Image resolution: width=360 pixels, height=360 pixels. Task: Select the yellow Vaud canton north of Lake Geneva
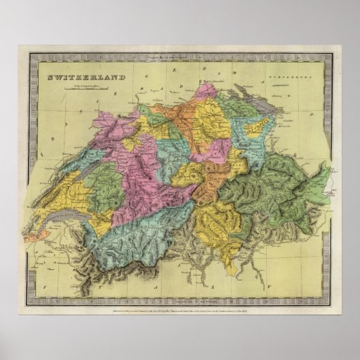pos(71,190)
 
